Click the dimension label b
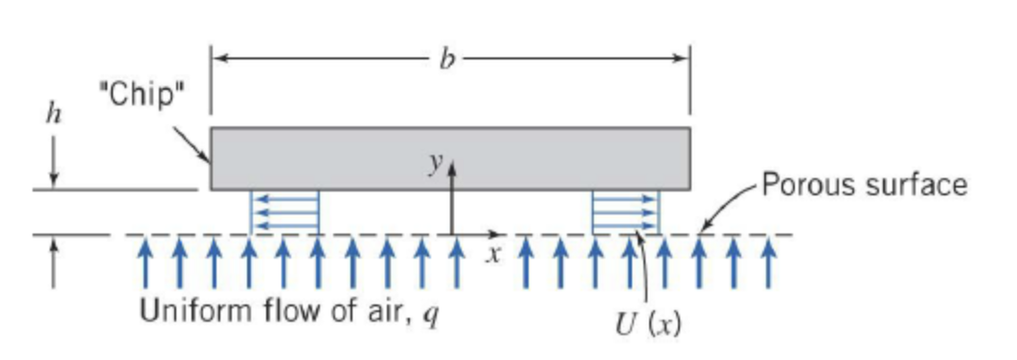click(446, 57)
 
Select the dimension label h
click(54, 114)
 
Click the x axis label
click(493, 254)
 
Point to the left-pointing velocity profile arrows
click(284, 212)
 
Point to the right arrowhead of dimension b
click(682, 58)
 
